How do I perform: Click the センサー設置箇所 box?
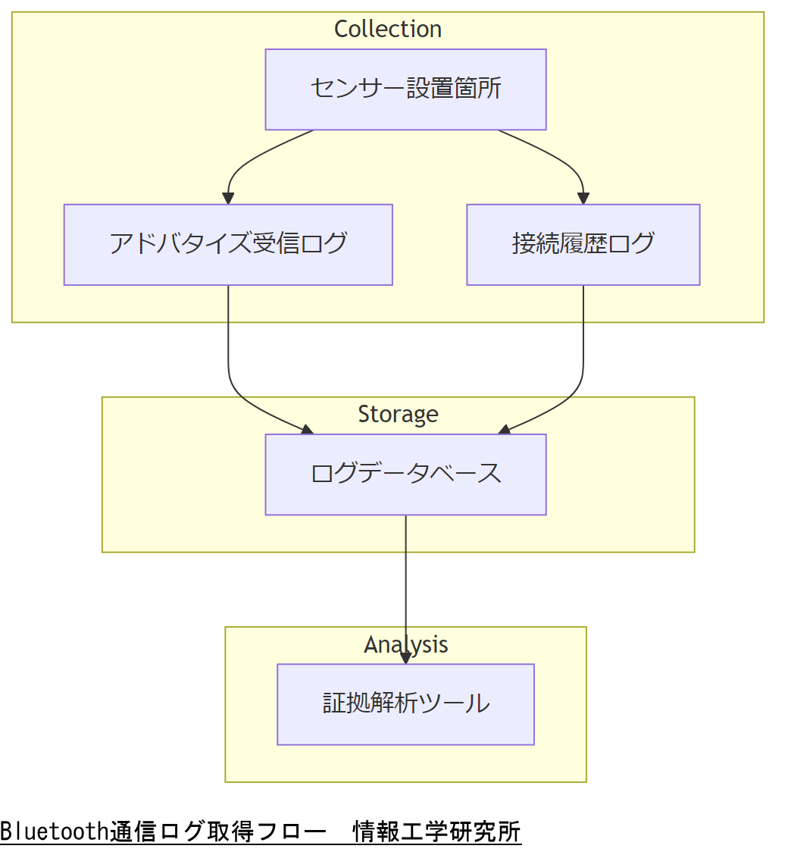pyautogui.click(x=405, y=89)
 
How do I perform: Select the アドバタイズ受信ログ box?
pyautogui.click(x=228, y=244)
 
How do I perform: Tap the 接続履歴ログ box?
pyautogui.click(x=583, y=244)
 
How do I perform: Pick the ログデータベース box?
pyautogui.click(x=405, y=474)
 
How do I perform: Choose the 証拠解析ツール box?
pyautogui.click(x=405, y=704)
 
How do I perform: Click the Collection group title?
pyautogui.click(x=388, y=29)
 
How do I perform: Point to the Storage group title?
pyautogui.click(x=398, y=414)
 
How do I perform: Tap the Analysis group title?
pyautogui.click(x=405, y=644)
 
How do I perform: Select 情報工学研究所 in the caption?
pyautogui.click(x=437, y=832)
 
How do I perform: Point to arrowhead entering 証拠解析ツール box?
pyautogui.click(x=405, y=659)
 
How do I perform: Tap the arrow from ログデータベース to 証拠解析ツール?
pyautogui.click(x=405, y=584)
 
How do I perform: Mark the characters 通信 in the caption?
pyautogui.click(x=133, y=832)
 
